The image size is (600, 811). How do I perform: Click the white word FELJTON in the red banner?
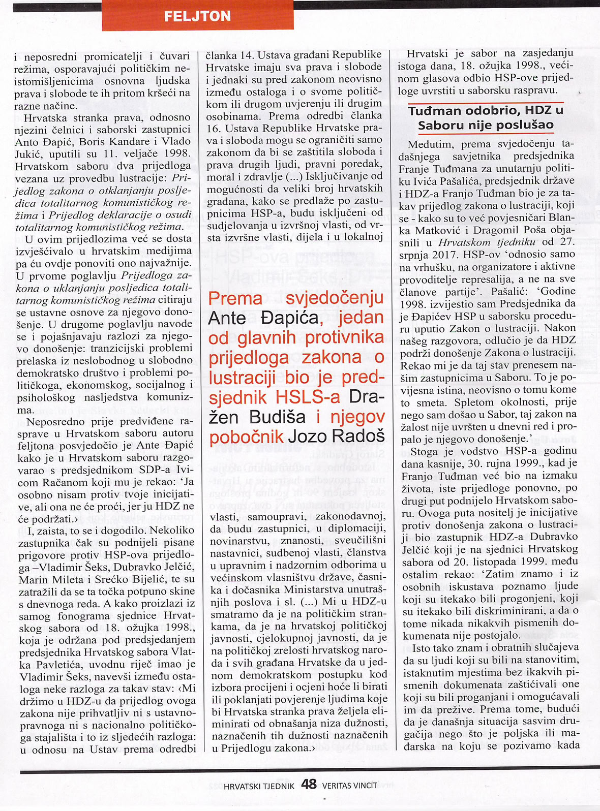pos(197,16)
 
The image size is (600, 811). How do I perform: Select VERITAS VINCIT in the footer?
pos(350,785)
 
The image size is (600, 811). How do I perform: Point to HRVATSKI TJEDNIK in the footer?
pos(259,786)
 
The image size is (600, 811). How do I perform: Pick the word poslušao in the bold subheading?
pos(527,125)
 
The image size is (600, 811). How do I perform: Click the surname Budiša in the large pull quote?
pos(278,417)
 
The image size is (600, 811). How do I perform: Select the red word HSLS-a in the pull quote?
pos(308,397)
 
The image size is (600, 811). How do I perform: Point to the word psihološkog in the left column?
pos(46,397)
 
